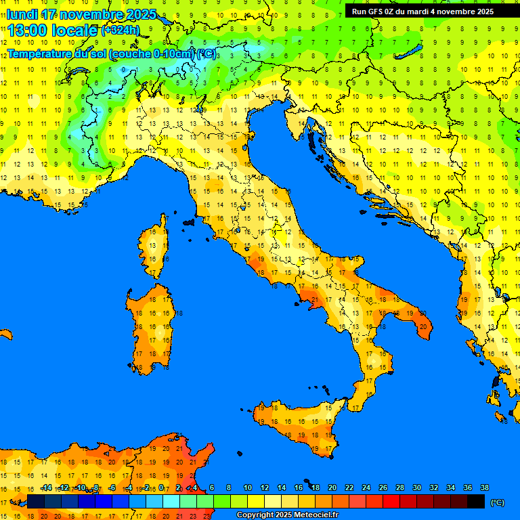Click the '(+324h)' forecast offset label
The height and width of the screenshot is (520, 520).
pyautogui.click(x=120, y=30)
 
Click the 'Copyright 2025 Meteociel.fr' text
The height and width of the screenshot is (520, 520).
pyautogui.click(x=287, y=515)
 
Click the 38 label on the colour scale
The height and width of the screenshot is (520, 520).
pyautogui.click(x=484, y=487)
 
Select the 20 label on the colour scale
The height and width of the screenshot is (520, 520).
pyautogui.click(x=332, y=487)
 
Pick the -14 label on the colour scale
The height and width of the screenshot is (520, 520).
pyautogui.click(x=46, y=487)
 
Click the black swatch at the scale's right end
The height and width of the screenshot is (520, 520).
pyautogui.click(x=476, y=501)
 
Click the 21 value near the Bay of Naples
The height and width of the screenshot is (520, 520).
pyautogui.click(x=314, y=299)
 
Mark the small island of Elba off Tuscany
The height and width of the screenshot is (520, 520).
pyautogui.click(x=188, y=221)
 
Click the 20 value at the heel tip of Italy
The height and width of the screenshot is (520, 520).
pyautogui.click(x=422, y=326)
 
